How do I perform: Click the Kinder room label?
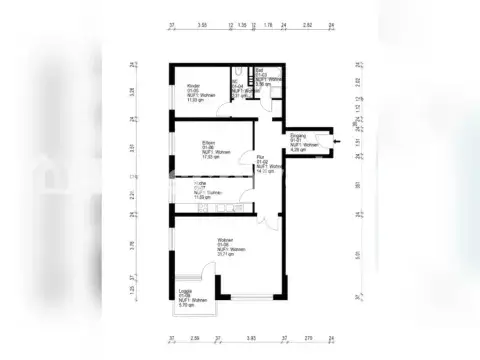tap(192, 86)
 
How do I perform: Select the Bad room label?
tap(260, 72)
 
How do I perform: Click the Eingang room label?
tap(298, 135)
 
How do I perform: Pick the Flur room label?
tap(259, 157)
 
